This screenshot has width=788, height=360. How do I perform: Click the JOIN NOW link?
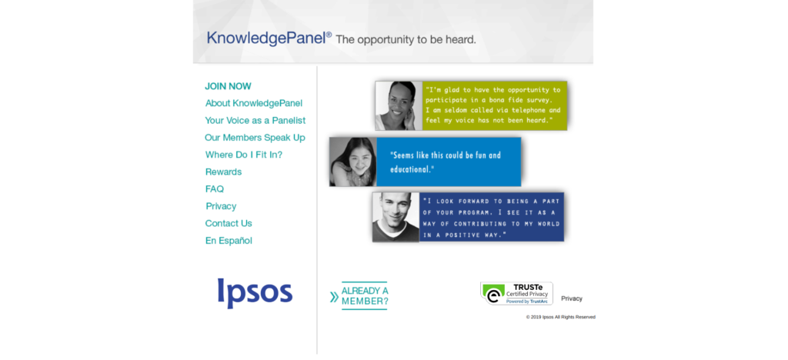(x=228, y=86)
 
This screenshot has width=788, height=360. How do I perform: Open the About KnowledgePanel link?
(x=254, y=103)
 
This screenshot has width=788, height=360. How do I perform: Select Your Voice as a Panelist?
(x=255, y=121)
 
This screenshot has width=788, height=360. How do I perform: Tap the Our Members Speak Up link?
(x=255, y=138)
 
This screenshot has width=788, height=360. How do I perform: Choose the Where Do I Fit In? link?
(x=244, y=155)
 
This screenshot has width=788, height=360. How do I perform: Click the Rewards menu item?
(x=223, y=172)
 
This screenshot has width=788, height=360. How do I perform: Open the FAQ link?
(x=215, y=189)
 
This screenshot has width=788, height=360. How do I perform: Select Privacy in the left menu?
(x=221, y=206)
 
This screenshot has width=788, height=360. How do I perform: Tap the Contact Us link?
(x=229, y=223)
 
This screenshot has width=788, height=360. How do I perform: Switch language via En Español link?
(x=229, y=241)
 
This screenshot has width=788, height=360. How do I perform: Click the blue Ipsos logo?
(x=255, y=293)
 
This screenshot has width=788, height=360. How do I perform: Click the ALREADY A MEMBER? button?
(x=359, y=296)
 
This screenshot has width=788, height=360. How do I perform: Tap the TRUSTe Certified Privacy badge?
(x=516, y=293)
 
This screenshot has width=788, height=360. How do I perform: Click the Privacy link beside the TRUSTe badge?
(x=572, y=298)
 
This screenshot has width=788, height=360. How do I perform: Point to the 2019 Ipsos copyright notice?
(x=561, y=318)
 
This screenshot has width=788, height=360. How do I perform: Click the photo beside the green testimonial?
(x=399, y=106)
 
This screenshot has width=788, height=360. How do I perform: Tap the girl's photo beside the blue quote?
(x=352, y=162)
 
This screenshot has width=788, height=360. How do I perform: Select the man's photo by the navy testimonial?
(x=396, y=217)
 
